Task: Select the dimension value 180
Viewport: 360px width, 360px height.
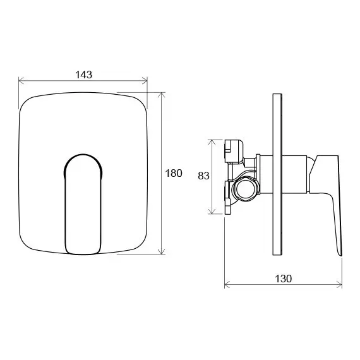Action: point(174,173)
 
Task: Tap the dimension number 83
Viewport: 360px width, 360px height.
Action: point(203,176)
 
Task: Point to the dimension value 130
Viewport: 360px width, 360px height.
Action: point(283,279)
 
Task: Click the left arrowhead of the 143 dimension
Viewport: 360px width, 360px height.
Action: point(21,81)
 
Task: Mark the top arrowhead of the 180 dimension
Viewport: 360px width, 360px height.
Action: point(163,95)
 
